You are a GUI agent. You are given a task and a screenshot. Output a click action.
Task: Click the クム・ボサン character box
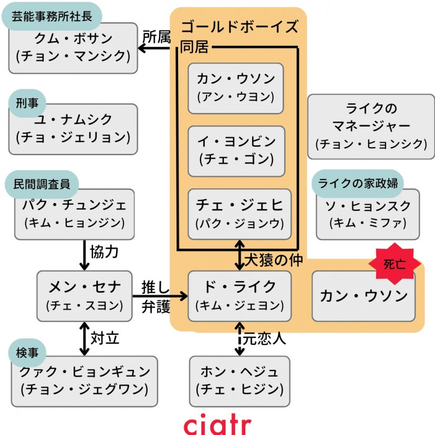73,49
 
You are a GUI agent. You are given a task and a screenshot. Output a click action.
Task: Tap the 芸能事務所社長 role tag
51,16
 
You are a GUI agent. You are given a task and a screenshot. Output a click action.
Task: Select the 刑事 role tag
27,102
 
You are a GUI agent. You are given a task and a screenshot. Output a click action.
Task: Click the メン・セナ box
84,296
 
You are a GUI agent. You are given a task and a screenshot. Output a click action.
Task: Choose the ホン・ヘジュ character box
239,381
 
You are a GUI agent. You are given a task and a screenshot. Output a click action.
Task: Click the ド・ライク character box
239,296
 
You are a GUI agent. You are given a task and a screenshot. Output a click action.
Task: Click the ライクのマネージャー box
371,127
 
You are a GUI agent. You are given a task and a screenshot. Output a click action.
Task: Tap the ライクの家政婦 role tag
357,183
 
